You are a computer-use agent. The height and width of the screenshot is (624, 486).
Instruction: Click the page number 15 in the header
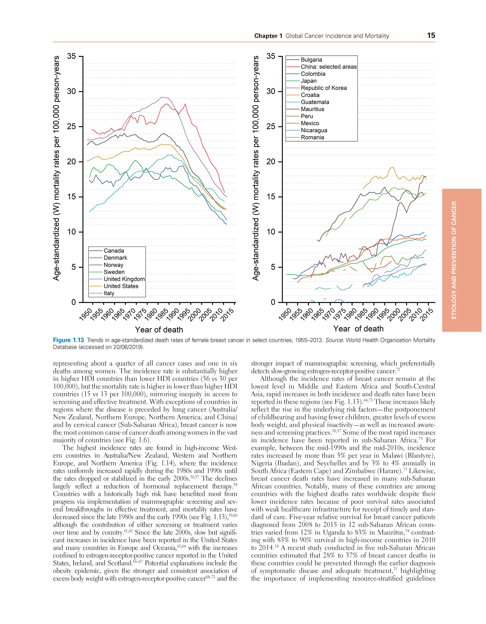431,36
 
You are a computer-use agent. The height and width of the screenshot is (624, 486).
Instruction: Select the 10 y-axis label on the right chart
271,232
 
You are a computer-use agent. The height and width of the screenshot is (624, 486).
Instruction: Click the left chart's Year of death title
159,330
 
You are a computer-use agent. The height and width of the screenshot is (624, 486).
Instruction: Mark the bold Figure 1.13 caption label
69,340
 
